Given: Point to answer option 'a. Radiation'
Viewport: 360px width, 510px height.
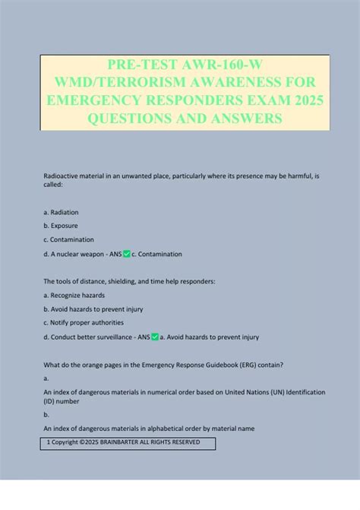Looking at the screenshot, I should [62, 212].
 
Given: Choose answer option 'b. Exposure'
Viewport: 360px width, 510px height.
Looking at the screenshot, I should [62, 226].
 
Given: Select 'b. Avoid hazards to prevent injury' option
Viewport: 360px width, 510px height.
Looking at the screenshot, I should [93, 309].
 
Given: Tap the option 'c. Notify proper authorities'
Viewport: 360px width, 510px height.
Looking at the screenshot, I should [84, 322].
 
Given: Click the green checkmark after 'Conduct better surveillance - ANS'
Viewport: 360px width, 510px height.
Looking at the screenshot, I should [155, 337].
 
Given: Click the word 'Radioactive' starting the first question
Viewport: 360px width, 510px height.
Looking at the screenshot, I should [65, 176].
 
